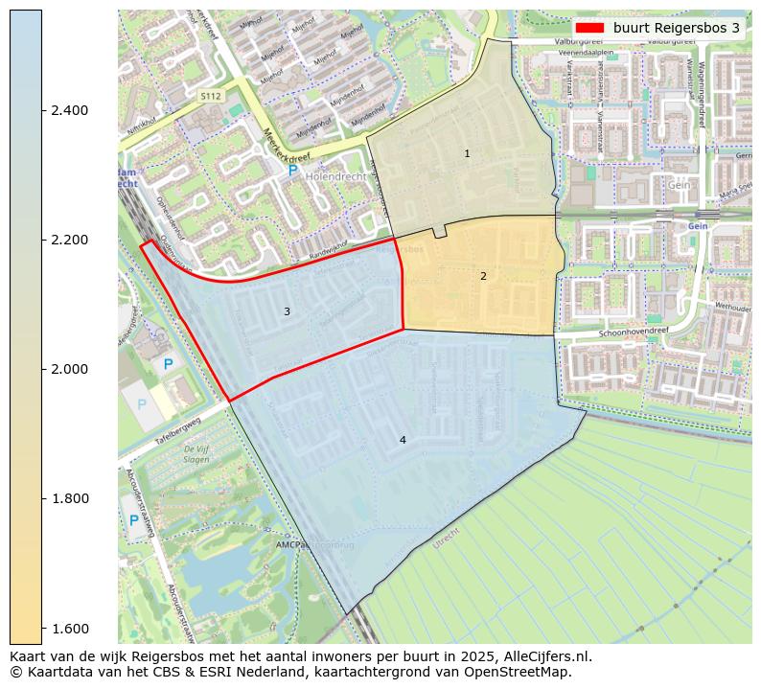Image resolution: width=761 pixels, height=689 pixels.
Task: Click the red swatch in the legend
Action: click(x=589, y=28)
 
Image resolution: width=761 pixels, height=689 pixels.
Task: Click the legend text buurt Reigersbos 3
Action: click(x=677, y=28)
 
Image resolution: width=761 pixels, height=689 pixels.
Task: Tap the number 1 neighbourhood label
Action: click(x=467, y=153)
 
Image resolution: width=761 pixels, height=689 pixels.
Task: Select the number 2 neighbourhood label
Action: click(x=483, y=276)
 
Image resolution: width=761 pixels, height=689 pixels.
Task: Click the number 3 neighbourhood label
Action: click(x=287, y=311)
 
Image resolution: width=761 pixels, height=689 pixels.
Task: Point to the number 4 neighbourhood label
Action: click(x=403, y=440)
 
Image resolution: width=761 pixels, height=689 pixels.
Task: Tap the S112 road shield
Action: click(x=211, y=97)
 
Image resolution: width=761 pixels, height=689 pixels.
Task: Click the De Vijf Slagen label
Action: click(x=196, y=453)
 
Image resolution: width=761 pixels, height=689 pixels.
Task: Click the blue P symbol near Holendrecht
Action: click(x=293, y=170)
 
